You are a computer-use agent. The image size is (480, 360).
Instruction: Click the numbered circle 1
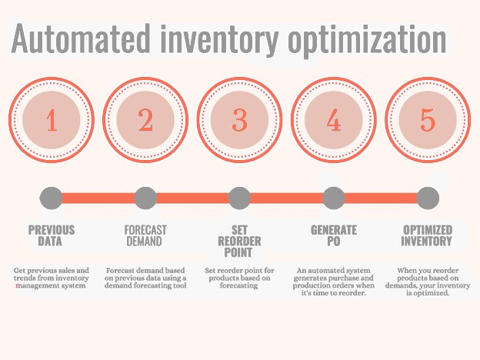(52, 121)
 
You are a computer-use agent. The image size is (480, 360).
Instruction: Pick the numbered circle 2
(146, 121)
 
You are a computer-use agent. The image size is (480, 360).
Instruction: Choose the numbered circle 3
(240, 121)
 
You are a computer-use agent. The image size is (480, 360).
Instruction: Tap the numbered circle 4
(334, 121)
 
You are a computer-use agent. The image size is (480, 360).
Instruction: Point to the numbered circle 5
(428, 121)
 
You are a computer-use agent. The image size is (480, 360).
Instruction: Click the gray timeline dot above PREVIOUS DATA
(52, 198)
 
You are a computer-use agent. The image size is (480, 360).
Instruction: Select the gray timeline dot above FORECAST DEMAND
(145, 198)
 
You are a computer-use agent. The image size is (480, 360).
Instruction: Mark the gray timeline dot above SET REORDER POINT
(239, 198)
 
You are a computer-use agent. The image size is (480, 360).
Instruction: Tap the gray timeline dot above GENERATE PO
(333, 198)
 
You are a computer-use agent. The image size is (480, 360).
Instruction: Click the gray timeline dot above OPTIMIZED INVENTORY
(428, 198)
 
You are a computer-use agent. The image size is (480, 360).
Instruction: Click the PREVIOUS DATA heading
(52, 235)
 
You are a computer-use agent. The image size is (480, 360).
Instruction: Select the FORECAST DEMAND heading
(145, 235)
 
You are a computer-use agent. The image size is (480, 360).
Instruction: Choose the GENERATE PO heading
(334, 235)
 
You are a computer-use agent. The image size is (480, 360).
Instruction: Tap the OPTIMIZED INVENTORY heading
(428, 235)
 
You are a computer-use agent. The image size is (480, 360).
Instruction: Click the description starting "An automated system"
(332, 282)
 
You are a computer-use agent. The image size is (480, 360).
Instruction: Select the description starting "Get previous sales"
(52, 278)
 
